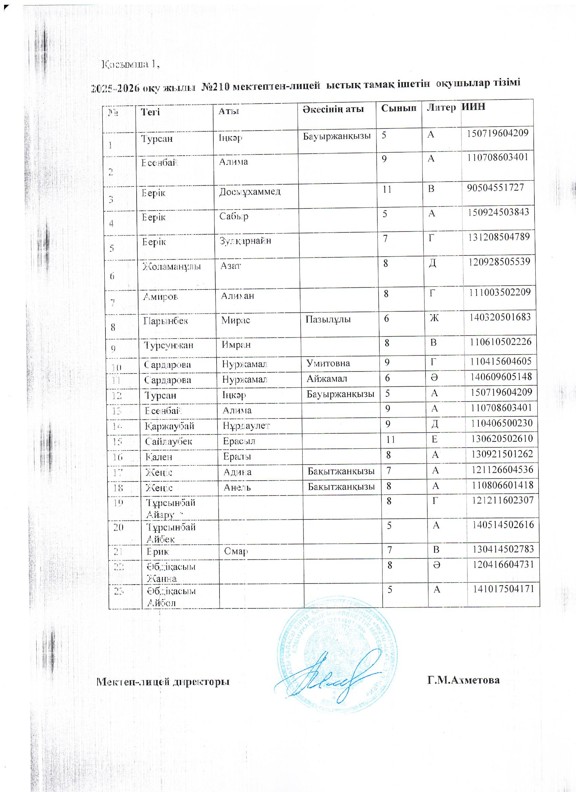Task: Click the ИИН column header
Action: (473, 106)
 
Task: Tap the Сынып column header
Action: (399, 108)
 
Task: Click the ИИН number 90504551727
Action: (496, 187)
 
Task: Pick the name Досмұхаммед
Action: (250, 192)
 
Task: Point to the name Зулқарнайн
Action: (245, 241)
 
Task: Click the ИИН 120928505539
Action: (499, 262)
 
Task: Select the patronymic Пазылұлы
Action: (328, 319)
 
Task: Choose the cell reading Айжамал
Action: (327, 379)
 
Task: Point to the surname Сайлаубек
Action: (169, 441)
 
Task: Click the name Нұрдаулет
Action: (246, 426)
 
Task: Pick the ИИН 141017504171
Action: (503, 589)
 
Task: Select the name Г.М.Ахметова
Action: (463, 680)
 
